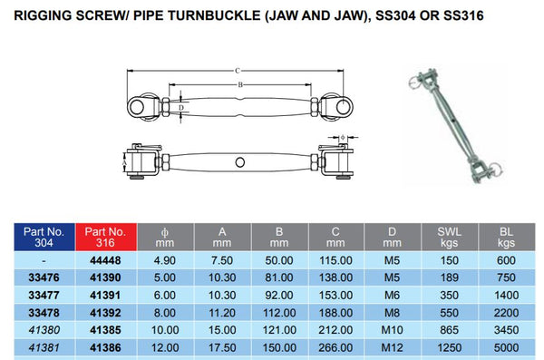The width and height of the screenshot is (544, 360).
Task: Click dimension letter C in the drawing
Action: pos(238,69)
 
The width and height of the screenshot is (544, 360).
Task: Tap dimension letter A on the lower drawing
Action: pos(123,164)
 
